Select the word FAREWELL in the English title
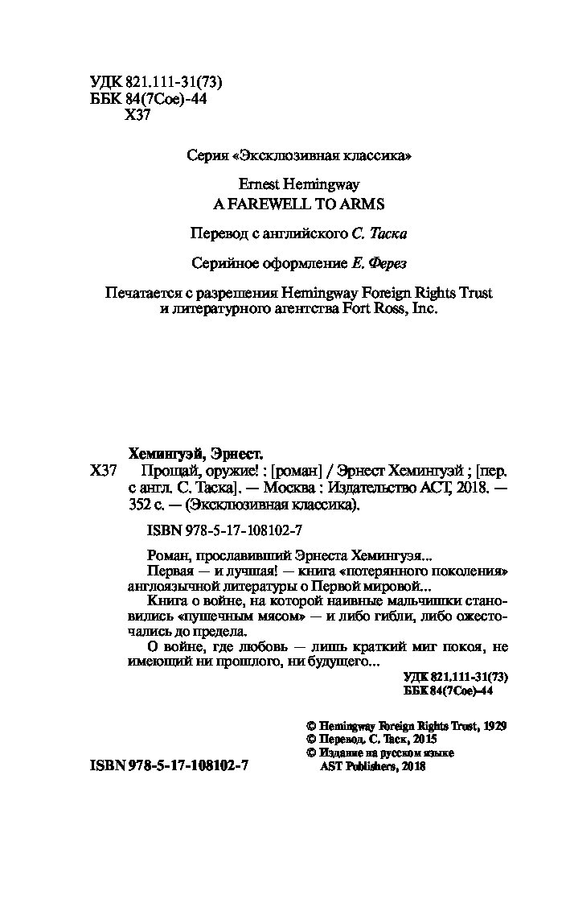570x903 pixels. click(264, 204)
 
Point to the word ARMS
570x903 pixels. click(366, 204)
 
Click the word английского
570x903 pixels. click(308, 233)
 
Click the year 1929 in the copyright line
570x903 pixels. click(490, 724)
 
